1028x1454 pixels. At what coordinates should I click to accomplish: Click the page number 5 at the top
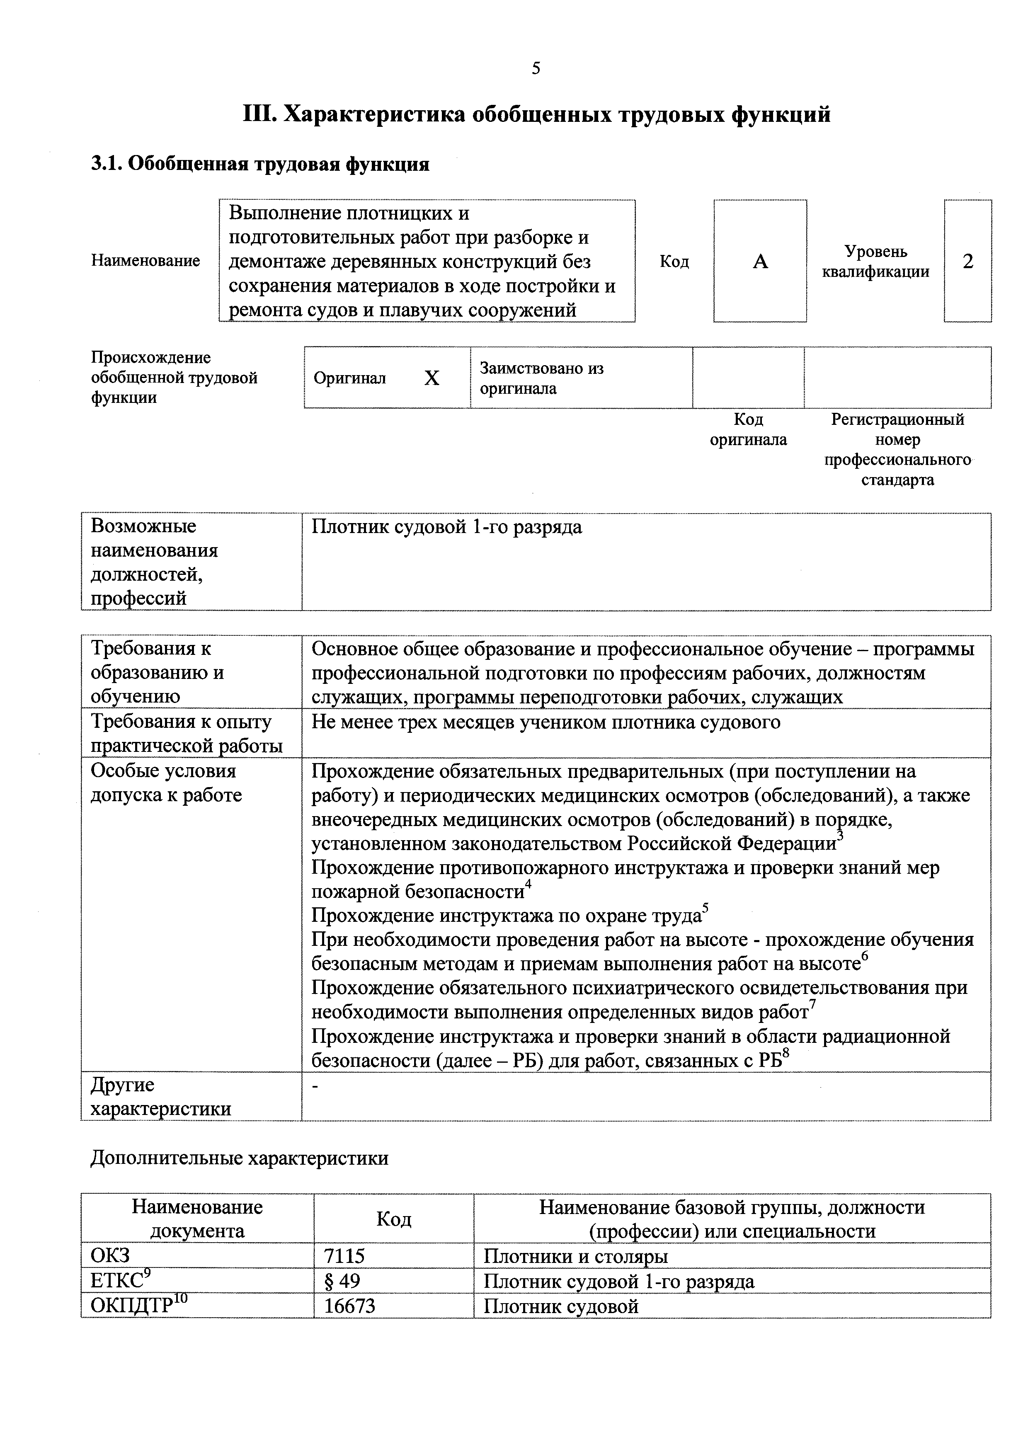tap(536, 68)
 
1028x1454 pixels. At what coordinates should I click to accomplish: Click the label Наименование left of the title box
tap(145, 260)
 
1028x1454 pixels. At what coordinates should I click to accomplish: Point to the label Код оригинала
tap(748, 429)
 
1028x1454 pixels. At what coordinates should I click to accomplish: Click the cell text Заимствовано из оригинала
tap(541, 378)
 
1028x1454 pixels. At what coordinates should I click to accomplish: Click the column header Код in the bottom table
tap(393, 1219)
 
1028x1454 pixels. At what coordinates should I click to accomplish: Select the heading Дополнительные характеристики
tap(240, 1158)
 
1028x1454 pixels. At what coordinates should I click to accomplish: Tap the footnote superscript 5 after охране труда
tap(706, 909)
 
